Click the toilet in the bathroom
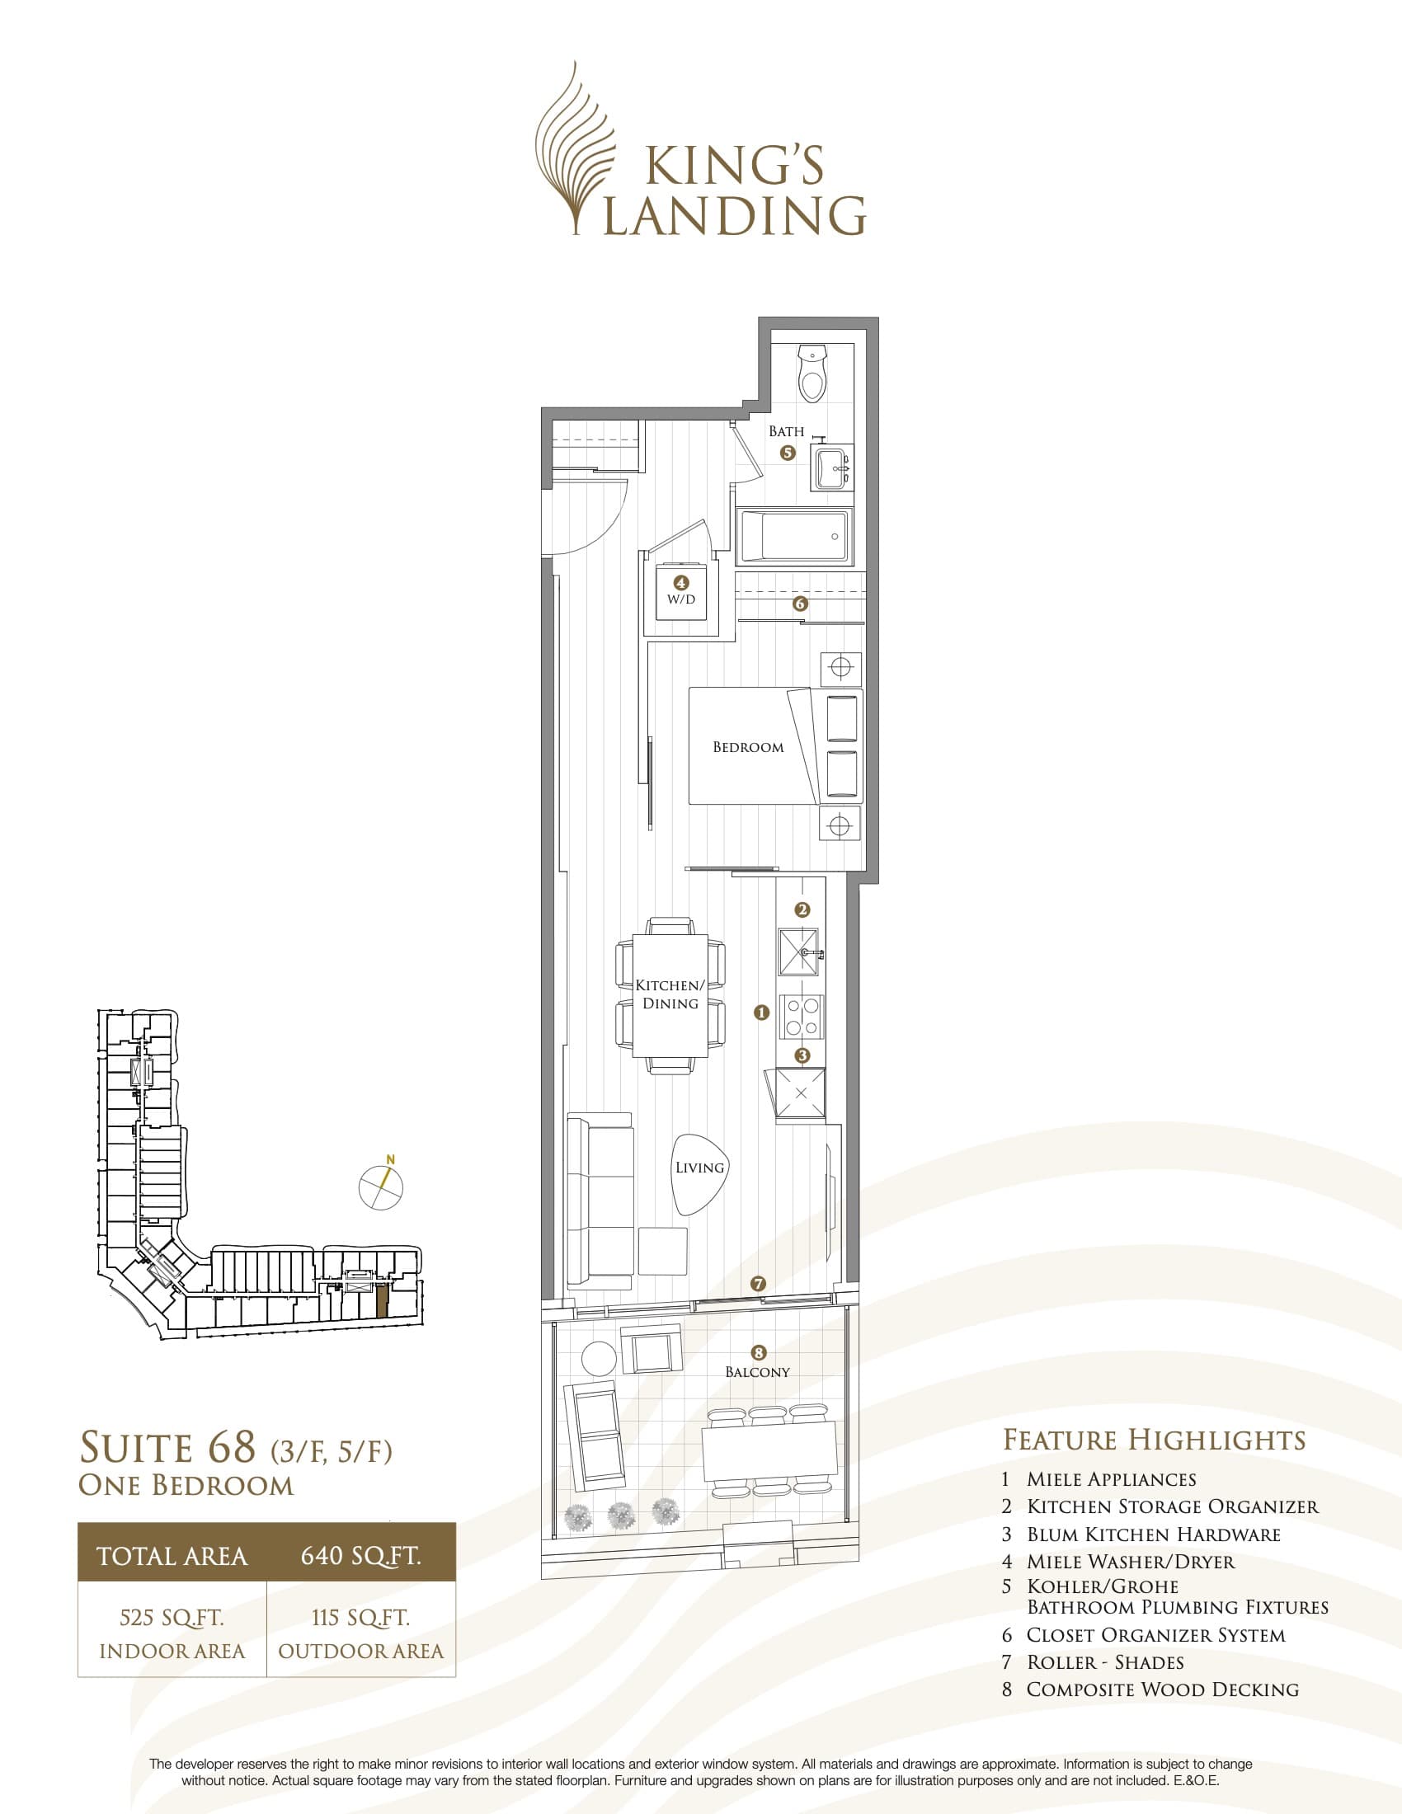point(812,375)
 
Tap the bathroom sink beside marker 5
point(831,468)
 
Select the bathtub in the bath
point(793,537)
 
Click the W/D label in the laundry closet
point(681,599)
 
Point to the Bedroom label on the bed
point(747,747)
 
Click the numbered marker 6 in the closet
point(800,604)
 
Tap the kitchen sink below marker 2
point(798,950)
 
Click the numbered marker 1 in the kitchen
point(761,1013)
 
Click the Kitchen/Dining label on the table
point(670,994)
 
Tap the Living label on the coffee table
point(699,1167)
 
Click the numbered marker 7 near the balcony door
point(757,1283)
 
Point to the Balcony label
point(756,1371)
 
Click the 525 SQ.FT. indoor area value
point(172,1617)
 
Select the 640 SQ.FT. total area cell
point(360,1555)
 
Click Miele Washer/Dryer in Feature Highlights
point(1131,1562)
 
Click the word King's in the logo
point(734,165)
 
